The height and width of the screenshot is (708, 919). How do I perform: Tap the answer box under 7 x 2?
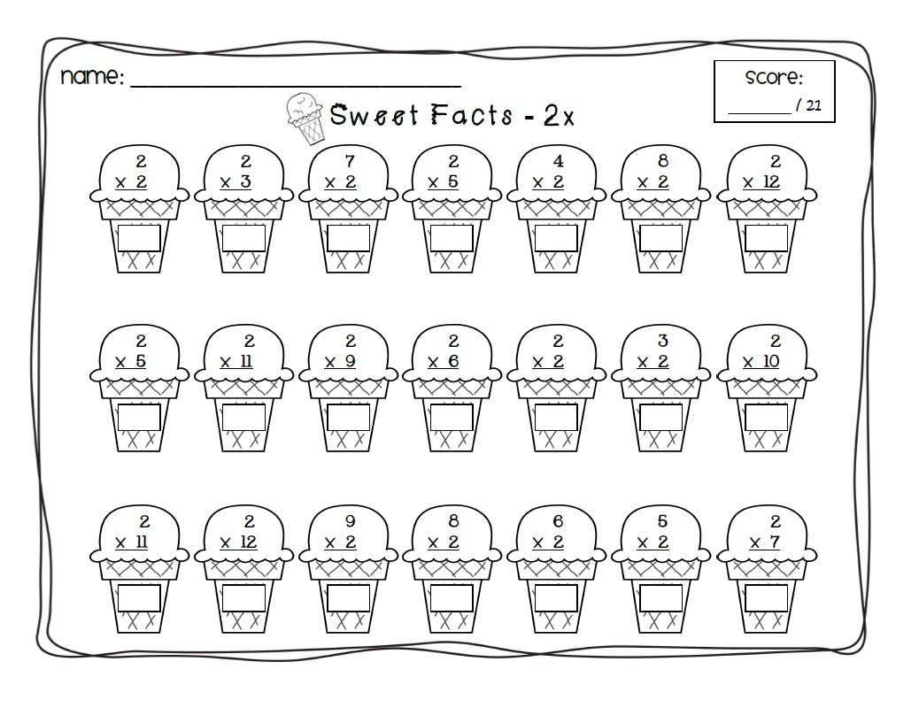click(348, 238)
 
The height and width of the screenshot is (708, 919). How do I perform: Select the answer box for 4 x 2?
click(556, 238)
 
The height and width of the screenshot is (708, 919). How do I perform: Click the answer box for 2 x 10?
click(766, 417)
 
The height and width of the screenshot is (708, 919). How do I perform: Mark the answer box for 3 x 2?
click(660, 417)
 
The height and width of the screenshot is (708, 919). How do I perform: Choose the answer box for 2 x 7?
click(766, 597)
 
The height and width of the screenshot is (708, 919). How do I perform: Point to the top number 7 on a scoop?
click(351, 161)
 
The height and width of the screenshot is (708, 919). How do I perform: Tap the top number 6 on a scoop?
click(559, 521)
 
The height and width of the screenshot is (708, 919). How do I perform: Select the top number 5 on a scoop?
click(663, 521)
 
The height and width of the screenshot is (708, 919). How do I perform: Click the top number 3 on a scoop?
click(663, 341)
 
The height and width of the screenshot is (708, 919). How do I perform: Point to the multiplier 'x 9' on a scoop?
click(341, 362)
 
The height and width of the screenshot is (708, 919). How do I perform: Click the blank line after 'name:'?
click(296, 82)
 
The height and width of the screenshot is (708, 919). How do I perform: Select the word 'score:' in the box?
click(774, 78)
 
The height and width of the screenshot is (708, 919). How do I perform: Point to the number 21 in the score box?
click(815, 105)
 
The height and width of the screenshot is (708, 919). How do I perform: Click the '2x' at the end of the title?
click(560, 117)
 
